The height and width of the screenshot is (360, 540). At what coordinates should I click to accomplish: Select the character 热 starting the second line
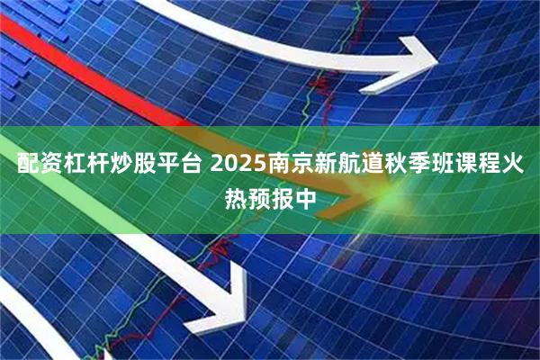tap(234, 196)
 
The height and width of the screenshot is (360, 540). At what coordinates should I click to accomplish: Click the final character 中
tap(306, 196)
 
